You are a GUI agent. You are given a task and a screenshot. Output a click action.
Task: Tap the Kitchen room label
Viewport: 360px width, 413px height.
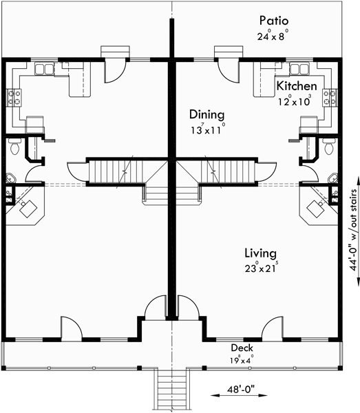coord(297,86)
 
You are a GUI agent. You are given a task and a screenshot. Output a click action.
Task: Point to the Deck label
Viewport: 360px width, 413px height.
coord(242,348)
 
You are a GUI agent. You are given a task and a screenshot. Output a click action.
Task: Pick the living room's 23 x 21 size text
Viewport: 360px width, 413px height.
coord(260,268)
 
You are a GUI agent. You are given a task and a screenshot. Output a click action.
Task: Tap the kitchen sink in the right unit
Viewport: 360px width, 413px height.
coord(298,69)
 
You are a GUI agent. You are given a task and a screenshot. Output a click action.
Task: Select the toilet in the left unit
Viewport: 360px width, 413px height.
coord(13,147)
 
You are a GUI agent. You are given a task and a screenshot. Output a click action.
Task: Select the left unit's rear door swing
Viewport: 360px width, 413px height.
coord(114,68)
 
